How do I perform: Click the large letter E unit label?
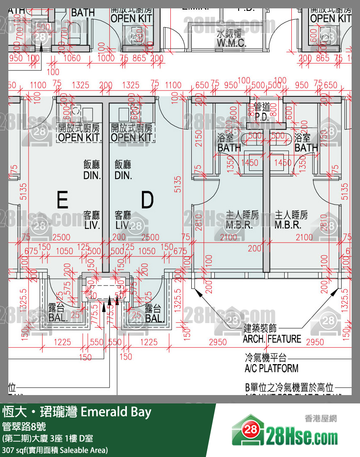coord(62,200)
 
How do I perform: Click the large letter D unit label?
coord(147,200)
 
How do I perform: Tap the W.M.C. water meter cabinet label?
coord(231,42)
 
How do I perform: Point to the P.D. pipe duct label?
coord(262,118)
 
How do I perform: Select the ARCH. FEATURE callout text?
coord(272,339)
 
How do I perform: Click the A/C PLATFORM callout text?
coord(272,368)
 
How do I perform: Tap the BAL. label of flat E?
coord(58,318)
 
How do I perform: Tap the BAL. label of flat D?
coord(154,318)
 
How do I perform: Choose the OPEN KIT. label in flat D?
coord(133,137)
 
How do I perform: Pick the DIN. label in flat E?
coord(92,175)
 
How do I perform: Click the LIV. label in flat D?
coord(123,226)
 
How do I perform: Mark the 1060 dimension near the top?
coord(72,58)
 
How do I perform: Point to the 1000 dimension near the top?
coord(105,58)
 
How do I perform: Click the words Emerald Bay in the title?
coord(116,412)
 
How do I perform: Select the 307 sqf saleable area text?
coord(55,450)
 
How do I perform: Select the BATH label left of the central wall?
coord(229,147)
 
